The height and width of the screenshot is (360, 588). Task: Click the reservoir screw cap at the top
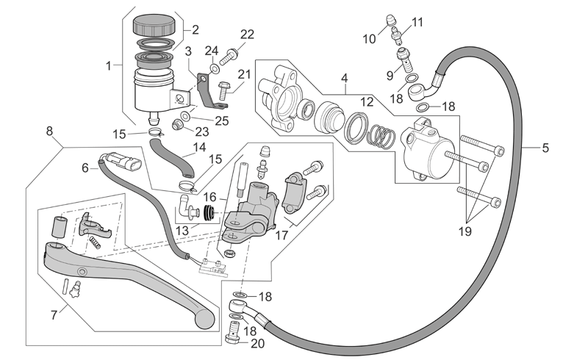(154, 25)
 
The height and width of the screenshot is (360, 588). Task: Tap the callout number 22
(247, 35)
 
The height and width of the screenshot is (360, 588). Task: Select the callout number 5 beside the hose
(545, 148)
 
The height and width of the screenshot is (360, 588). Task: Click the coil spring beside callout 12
(381, 136)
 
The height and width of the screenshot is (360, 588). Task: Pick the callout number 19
(465, 231)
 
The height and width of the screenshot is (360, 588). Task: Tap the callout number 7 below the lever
(54, 315)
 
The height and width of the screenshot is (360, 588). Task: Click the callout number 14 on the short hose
(199, 148)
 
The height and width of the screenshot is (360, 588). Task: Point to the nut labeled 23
(177, 123)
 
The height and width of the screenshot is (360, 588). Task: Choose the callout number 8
(49, 132)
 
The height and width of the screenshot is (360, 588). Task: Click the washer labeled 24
(215, 68)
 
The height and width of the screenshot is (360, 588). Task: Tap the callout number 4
(344, 79)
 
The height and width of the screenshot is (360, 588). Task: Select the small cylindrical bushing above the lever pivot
(58, 226)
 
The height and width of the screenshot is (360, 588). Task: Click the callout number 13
(182, 230)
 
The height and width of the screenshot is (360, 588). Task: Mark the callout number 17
(282, 236)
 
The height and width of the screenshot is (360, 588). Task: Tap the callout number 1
(109, 66)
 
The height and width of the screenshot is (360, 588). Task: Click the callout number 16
(210, 197)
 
